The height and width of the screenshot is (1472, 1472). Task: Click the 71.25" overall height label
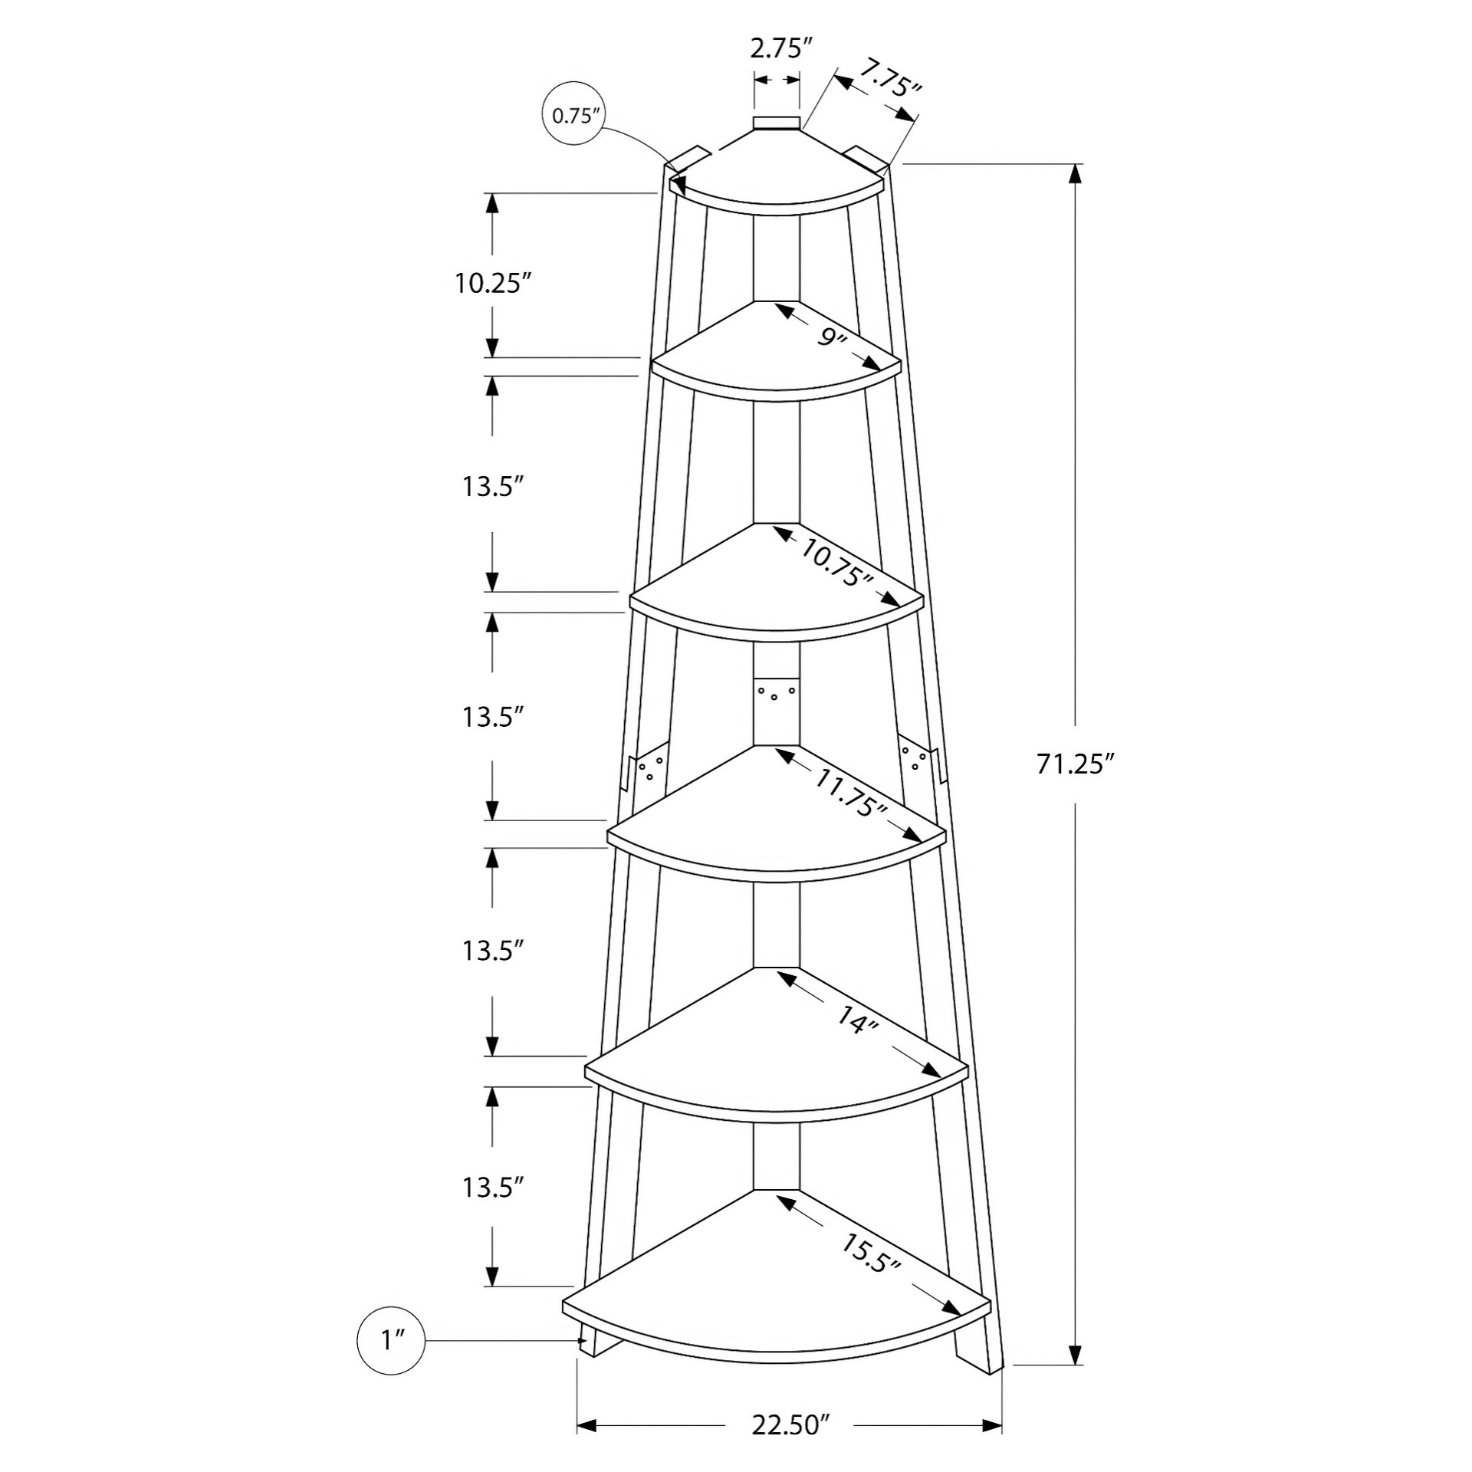pos(1074,764)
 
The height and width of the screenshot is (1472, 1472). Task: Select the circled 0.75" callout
pos(573,116)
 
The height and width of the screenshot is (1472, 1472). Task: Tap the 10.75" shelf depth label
pos(838,563)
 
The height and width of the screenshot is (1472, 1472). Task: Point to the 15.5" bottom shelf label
pos(870,1254)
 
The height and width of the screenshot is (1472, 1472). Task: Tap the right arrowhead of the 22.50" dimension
pos(993,1426)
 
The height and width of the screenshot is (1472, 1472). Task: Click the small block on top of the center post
pos(777,124)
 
